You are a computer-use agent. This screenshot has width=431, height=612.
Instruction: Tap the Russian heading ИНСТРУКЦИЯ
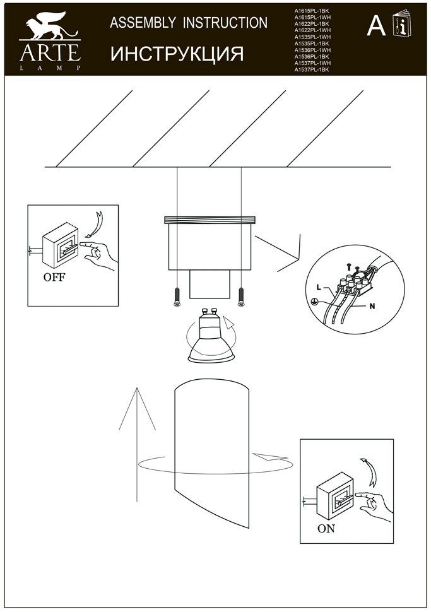click(x=177, y=54)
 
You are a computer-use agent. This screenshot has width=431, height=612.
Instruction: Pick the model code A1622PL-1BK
click(x=312, y=24)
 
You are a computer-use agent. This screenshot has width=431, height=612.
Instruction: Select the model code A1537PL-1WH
click(x=312, y=63)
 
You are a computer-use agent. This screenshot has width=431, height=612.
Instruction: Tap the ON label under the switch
click(x=326, y=529)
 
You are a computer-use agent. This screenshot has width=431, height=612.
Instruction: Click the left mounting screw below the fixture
click(x=177, y=297)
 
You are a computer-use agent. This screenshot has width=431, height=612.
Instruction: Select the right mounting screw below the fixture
click(x=240, y=297)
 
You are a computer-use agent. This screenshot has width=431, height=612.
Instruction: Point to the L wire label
click(x=319, y=288)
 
